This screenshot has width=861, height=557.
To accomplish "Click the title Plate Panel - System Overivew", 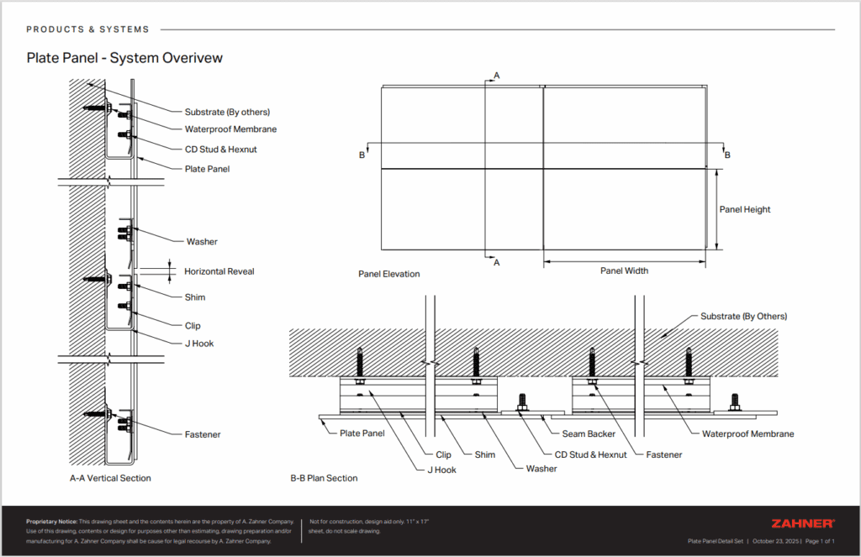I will point(124,58).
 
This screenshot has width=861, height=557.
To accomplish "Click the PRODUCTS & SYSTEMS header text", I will point(87,29).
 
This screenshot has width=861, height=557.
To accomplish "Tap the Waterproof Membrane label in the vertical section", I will point(230,129).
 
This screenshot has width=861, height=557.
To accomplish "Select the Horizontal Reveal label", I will point(219,271).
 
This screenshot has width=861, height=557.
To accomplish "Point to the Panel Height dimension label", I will point(744,209).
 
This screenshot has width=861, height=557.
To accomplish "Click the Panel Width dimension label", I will point(624,271).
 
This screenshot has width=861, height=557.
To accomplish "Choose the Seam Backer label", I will point(589,434).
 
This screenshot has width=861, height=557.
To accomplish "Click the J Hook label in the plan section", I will point(441,470).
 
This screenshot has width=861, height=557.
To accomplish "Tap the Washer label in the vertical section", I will point(202,242).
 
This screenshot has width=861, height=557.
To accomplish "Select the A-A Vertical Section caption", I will point(110,478).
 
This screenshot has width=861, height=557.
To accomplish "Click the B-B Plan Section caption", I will point(324,478).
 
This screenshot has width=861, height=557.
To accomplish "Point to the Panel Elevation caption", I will point(388,274).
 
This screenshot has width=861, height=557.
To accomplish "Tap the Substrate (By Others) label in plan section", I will point(743,317).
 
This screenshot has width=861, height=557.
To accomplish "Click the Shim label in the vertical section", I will point(195,297).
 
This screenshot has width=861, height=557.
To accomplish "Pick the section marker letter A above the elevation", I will point(496,76).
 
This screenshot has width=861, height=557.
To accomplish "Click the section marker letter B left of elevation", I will point(362,155).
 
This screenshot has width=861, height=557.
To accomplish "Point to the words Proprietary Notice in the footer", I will point(51,522).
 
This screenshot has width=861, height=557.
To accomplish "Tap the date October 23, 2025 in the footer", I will point(776,542).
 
